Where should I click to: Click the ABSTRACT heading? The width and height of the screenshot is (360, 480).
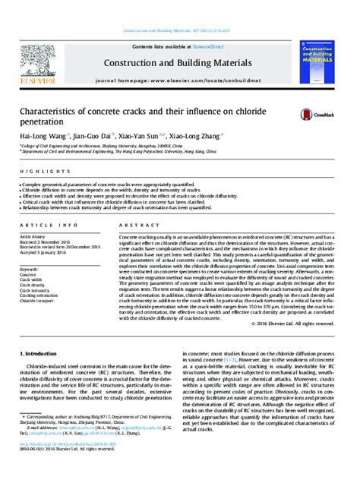pyautogui.click(x=134, y=226)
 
